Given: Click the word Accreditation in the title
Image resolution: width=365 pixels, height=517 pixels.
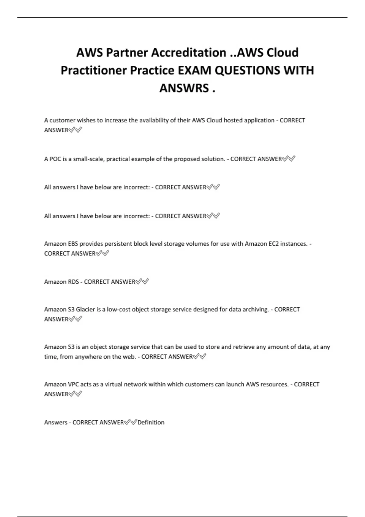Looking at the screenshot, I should [189, 53].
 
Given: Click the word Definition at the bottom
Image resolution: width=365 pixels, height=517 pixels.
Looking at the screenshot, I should [151, 422].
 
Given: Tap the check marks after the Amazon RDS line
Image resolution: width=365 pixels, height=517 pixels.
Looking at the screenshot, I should [142, 282].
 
